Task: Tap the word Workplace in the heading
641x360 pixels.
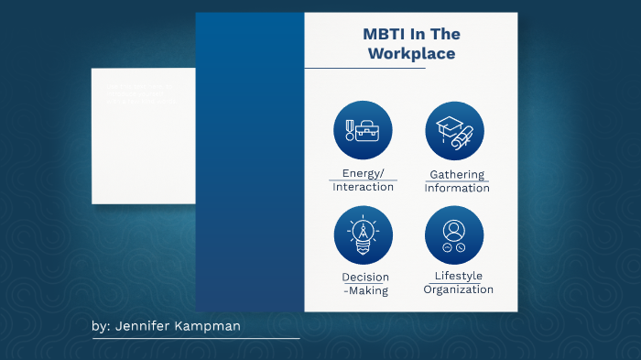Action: point(411,54)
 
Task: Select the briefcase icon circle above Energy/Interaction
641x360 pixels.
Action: point(363,130)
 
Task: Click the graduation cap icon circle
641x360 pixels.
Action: point(455,130)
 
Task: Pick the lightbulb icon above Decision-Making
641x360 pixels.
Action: point(363,235)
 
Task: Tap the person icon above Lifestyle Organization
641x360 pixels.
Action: point(455,235)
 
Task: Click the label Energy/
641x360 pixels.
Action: point(364,173)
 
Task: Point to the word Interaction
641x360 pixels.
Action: point(364,187)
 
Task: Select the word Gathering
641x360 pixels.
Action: point(457,174)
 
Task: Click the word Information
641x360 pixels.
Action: point(457,189)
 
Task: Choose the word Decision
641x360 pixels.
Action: point(365,278)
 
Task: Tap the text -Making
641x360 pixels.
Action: point(365,291)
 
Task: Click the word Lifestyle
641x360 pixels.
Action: point(458,276)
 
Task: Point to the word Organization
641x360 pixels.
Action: point(458,289)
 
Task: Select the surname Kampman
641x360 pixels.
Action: point(216,326)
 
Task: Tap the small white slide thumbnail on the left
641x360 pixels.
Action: point(143,136)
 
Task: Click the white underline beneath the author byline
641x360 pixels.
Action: point(196,339)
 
